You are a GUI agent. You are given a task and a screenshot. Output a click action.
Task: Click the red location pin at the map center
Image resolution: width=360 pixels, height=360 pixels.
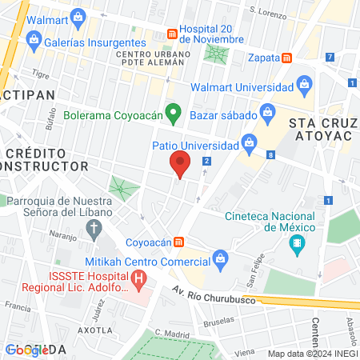180,166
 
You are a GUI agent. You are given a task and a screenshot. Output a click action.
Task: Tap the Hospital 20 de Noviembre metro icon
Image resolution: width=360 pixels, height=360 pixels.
171,34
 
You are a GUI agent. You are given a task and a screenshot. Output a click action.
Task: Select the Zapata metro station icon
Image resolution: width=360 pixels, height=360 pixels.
287,58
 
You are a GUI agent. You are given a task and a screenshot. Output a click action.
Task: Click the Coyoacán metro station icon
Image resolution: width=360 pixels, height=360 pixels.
181,242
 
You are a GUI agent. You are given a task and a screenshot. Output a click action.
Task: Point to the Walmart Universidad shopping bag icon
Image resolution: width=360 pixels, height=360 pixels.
304,84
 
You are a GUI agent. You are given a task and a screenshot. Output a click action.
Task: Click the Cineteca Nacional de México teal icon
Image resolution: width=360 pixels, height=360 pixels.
298,243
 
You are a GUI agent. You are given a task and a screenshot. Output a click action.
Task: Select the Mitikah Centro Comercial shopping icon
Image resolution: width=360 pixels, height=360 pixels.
220,258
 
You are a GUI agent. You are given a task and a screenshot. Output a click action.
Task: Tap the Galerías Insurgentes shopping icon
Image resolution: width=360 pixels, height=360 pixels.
34,40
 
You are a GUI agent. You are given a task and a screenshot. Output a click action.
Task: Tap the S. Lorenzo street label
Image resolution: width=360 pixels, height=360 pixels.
268,11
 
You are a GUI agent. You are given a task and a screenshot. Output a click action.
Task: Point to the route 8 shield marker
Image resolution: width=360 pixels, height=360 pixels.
272,154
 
